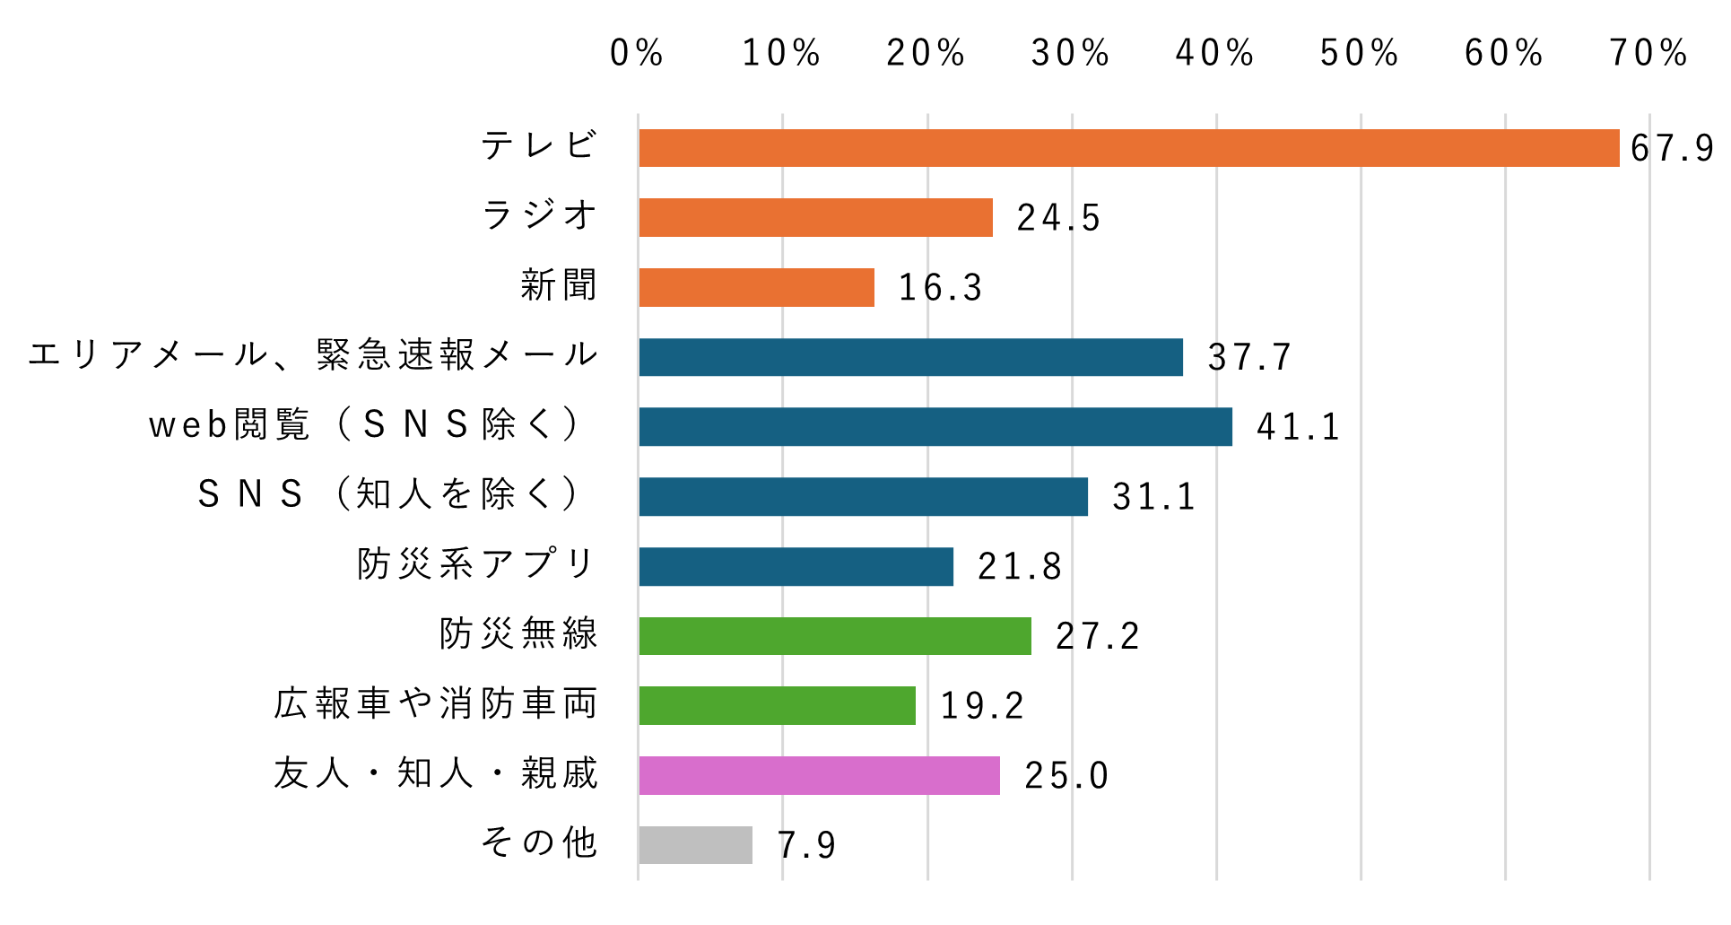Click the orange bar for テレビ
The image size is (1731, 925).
(x=1128, y=148)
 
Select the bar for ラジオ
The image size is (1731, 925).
(x=815, y=217)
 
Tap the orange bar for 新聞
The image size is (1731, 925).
(x=756, y=287)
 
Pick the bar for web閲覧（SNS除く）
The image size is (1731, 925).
(x=935, y=426)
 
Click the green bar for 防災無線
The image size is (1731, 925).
(x=834, y=635)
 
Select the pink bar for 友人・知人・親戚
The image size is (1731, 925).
(x=819, y=775)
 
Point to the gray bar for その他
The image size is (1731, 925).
(x=695, y=844)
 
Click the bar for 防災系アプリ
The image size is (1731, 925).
(x=796, y=566)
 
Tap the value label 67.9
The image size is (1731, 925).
(x=1672, y=148)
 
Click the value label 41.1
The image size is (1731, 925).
(x=1298, y=427)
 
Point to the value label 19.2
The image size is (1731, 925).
(x=982, y=706)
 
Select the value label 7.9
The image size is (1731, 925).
(x=806, y=845)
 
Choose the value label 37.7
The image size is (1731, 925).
(x=1249, y=357)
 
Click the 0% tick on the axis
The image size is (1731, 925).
(x=636, y=53)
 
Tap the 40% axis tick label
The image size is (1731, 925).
(x=1214, y=53)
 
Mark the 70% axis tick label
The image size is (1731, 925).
(x=1648, y=53)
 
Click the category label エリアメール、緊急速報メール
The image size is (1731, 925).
(x=313, y=355)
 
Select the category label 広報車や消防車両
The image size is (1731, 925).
(x=436, y=704)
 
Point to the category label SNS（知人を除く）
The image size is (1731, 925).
(x=390, y=494)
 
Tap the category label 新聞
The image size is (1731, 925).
(x=559, y=285)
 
